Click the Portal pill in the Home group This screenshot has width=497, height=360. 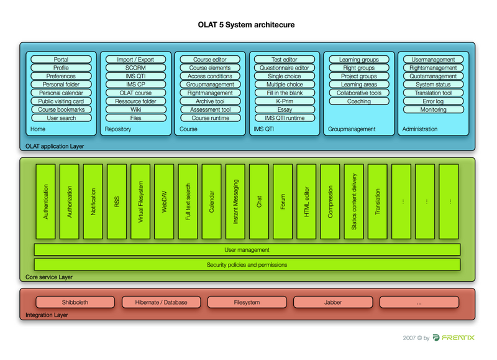tap(61, 59)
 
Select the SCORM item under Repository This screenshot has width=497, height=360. tap(135, 68)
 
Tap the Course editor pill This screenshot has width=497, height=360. tap(210, 59)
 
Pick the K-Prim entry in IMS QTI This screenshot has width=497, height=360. tap(285, 101)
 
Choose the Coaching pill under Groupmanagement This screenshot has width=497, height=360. tap(359, 101)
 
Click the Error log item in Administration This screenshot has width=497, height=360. tap(433, 101)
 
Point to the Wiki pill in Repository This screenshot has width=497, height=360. tap(135, 109)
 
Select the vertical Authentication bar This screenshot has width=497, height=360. tap(45, 201)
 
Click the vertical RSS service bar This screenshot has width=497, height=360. tap(117, 201)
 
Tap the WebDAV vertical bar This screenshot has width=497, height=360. tap(164, 201)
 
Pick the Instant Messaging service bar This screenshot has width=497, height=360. tap(235, 201)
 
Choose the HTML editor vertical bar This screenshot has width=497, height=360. tap(306, 201)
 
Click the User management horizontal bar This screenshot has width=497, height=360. tap(247, 249)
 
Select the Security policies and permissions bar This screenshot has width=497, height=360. tap(247, 264)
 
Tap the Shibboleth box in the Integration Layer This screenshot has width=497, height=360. tap(75, 302)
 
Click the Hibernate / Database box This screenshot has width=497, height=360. tap(161, 302)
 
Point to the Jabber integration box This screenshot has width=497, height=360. tap(333, 302)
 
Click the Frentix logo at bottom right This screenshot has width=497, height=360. tap(454, 338)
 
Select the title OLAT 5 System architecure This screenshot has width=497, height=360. tap(246, 25)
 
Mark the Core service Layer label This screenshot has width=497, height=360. tap(49, 277)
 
